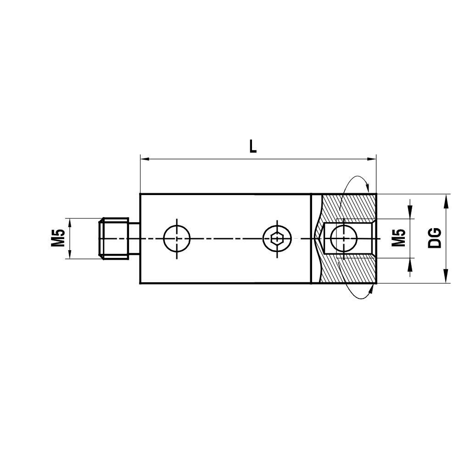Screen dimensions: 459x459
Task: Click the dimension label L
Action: (252, 146)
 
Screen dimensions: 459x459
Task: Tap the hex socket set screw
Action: (276, 238)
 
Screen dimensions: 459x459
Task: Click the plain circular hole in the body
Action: (177, 238)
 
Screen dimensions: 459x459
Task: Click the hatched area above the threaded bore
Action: (349, 207)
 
